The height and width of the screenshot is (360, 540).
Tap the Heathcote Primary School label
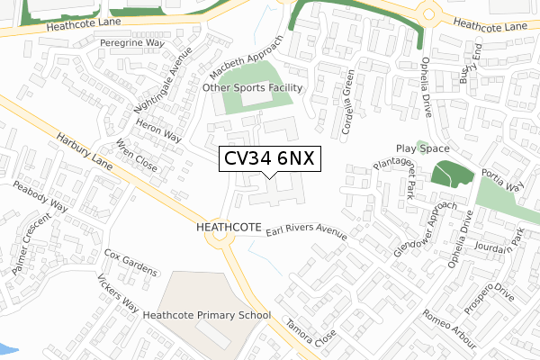point(207,316)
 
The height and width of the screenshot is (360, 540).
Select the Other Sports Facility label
point(253,88)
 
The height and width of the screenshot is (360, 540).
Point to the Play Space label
point(421,148)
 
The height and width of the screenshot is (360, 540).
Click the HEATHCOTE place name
point(227,229)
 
